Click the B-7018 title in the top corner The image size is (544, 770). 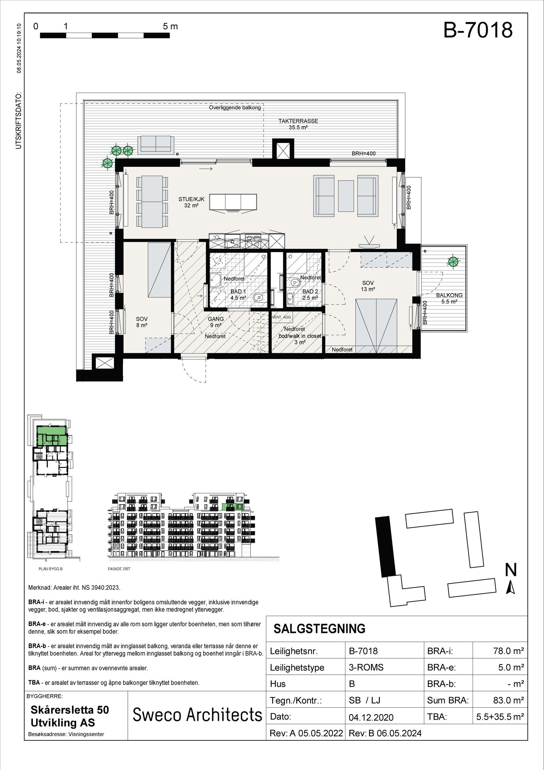pos(478,31)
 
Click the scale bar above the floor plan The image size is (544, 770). pos(105,35)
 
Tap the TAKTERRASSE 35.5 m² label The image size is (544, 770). pos(298,124)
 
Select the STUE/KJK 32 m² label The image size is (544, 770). pos(189,202)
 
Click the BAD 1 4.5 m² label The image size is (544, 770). pos(238,294)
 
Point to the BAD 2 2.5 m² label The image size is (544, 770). pos(310,294)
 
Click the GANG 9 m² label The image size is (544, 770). pos(216,322)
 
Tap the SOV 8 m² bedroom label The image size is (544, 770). pos(142,322)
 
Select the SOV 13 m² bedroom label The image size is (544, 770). pos(368,286)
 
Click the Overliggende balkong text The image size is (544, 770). pos(235,108)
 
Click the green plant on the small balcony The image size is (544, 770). pos(453,261)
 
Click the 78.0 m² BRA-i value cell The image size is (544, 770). pos(508,651)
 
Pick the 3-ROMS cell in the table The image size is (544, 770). pos(366,667)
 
